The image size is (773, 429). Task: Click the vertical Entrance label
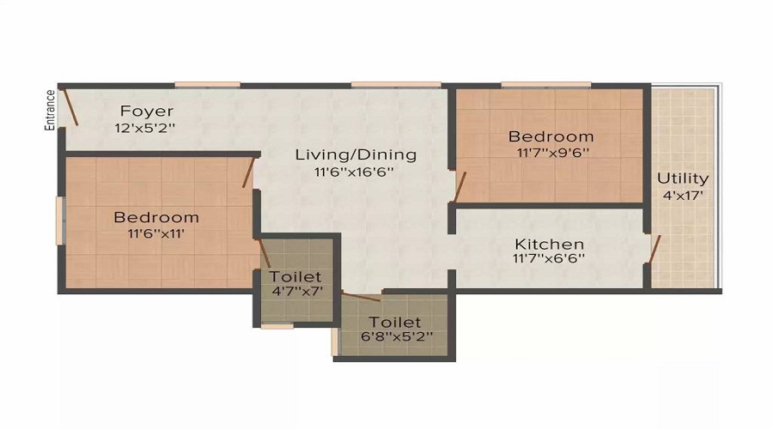click(50, 110)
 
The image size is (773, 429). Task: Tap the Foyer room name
click(147, 112)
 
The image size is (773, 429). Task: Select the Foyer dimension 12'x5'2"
click(147, 128)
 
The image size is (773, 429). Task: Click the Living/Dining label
click(356, 155)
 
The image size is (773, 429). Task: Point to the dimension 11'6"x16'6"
click(356, 172)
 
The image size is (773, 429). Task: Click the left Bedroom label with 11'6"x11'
click(156, 217)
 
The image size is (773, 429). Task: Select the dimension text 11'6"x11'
click(156, 233)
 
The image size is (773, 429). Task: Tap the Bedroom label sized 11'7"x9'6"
click(551, 136)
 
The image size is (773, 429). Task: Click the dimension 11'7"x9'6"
click(551, 153)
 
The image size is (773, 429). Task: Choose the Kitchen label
click(549, 245)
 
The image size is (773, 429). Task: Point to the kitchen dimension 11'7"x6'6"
click(549, 258)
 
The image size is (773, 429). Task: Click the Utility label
click(683, 178)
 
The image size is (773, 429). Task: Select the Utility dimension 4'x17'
click(683, 195)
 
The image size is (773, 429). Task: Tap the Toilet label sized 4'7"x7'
click(295, 277)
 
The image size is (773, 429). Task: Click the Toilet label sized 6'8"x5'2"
click(395, 322)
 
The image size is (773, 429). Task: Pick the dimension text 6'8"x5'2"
click(395, 337)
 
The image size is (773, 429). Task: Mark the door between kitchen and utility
click(654, 249)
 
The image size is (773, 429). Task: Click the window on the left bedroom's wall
click(60, 221)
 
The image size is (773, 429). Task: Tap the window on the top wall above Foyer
click(207, 84)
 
